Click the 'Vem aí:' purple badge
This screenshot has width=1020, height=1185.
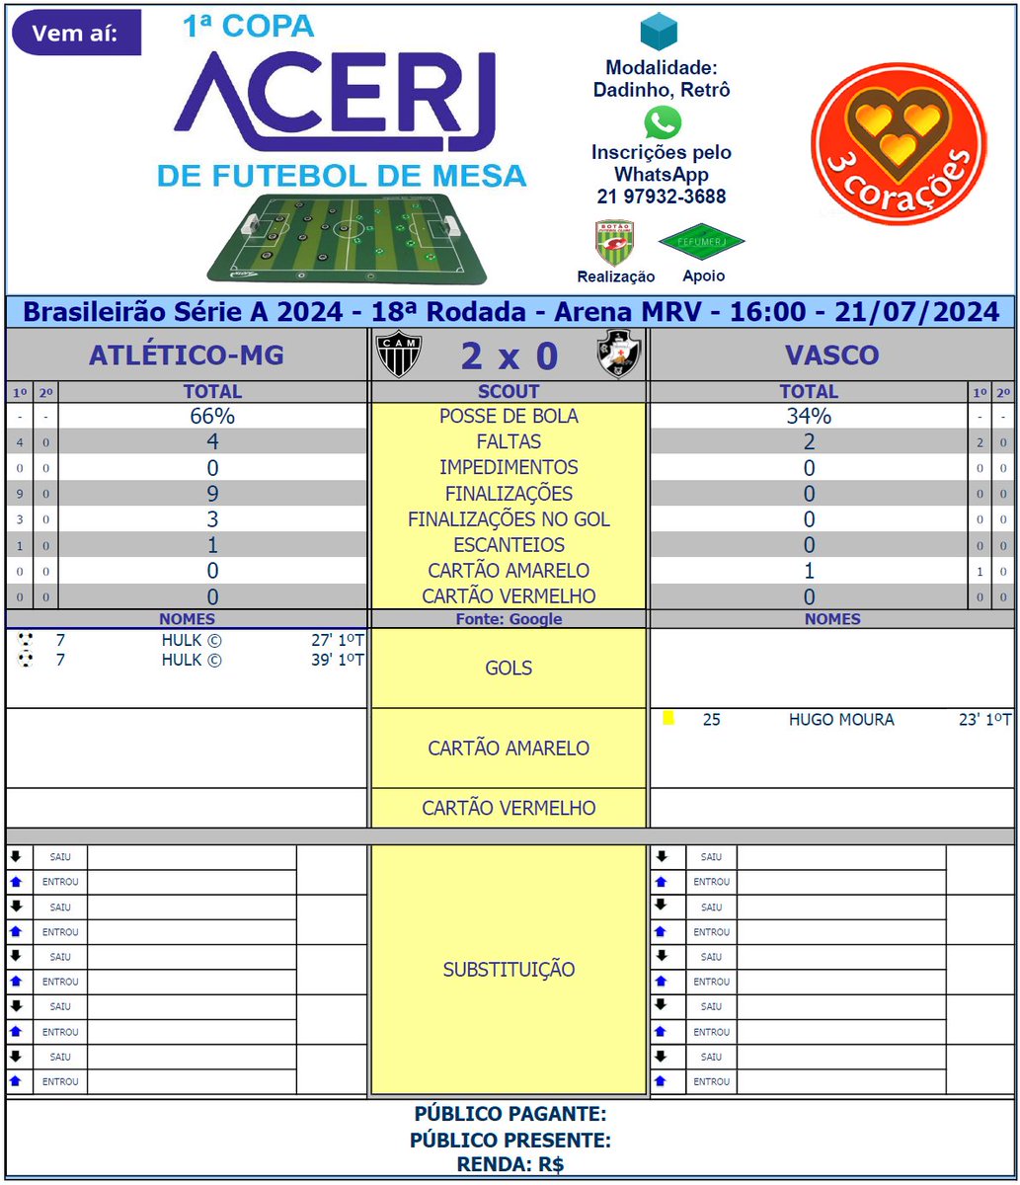75,34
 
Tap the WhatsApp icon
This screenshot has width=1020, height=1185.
663,123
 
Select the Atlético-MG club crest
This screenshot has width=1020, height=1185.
400,355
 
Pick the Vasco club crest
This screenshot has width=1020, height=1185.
619,355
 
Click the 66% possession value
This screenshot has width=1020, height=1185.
212,416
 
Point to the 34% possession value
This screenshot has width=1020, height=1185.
809,416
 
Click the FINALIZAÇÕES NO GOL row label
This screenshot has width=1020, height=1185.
509,518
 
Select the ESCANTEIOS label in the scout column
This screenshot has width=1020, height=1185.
509,544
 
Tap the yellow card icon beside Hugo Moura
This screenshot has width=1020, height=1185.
668,719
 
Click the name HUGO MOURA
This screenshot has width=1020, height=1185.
841,720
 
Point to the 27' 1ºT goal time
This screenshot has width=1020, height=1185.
338,640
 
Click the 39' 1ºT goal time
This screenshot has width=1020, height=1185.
338,660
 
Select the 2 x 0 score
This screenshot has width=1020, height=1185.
509,355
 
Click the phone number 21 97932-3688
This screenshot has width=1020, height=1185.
662,197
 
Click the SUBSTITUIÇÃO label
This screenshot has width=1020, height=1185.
509,969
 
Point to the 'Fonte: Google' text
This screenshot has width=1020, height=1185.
509,619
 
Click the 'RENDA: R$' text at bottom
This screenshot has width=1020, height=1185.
510,1164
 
